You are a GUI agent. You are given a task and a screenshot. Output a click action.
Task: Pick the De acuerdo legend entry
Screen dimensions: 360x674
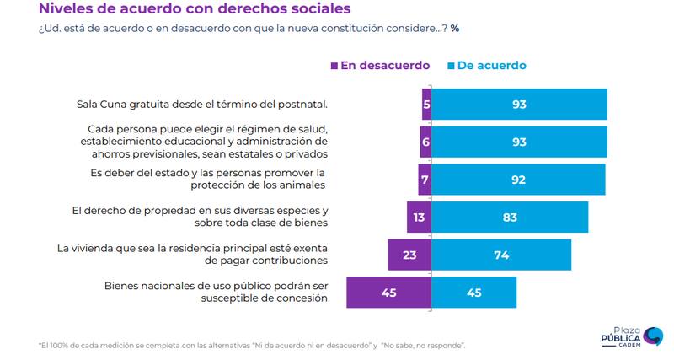pyautogui.click(x=489, y=65)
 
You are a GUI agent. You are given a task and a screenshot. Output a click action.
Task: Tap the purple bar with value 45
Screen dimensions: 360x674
pyautogui.click(x=388, y=293)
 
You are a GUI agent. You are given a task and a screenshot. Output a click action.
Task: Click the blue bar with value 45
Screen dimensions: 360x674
pyautogui.click(x=473, y=293)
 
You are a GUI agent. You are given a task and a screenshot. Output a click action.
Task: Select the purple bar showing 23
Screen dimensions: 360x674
pyautogui.click(x=409, y=255)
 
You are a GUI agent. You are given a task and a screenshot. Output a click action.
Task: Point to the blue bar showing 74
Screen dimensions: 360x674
pyautogui.click(x=501, y=255)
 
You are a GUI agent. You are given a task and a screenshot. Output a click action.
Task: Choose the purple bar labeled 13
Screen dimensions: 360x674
pyautogui.click(x=419, y=217)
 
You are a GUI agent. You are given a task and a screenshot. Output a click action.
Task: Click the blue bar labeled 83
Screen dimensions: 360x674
pyautogui.click(x=510, y=217)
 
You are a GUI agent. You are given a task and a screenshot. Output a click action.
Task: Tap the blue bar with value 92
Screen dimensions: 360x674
pyautogui.click(x=518, y=179)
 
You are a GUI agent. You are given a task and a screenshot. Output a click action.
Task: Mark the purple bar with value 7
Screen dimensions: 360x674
pyautogui.click(x=425, y=179)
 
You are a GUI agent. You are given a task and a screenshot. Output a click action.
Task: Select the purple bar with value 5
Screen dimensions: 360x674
pyautogui.click(x=426, y=104)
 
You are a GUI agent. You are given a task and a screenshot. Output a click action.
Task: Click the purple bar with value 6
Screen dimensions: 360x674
pyautogui.click(x=425, y=142)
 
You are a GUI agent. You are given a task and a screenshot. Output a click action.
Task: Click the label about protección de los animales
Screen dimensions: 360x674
pyautogui.click(x=207, y=179)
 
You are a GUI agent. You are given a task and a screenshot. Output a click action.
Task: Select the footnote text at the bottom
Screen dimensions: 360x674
pyautogui.click(x=252, y=346)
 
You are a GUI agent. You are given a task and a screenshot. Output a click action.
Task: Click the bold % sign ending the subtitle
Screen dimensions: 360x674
pyautogui.click(x=455, y=28)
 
